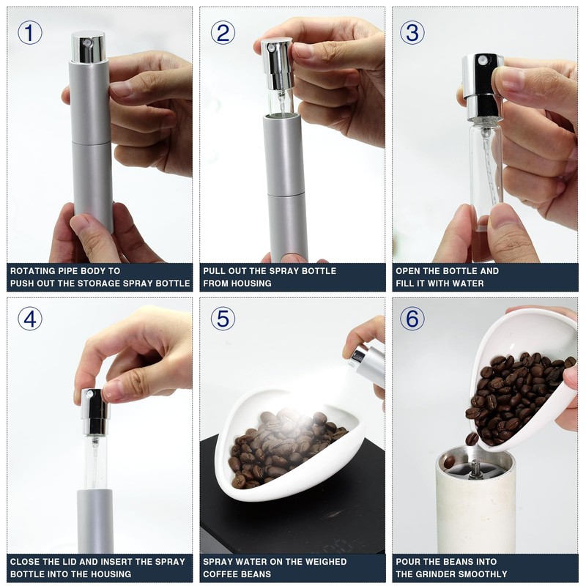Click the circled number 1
tap(30, 32)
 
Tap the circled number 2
tap(223, 32)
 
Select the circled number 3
tap(412, 32)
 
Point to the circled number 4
tap(30, 319)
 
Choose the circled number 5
tap(223, 319)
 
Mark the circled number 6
tap(412, 319)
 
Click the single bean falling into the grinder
tap(472, 438)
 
